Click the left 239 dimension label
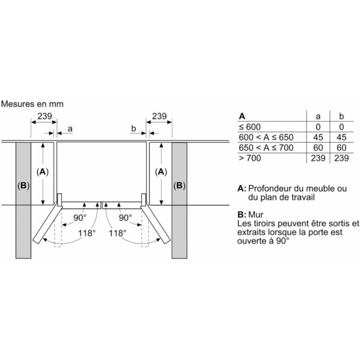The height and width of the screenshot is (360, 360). click(44, 116)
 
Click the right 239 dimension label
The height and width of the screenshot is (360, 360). click(159, 116)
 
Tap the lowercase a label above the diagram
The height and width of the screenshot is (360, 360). click(70, 129)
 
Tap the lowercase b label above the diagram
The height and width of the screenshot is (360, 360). click(134, 128)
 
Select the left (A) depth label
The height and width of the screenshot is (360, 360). click(43, 172)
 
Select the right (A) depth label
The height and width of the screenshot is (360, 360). click(161, 172)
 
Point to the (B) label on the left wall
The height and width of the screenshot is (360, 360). click(23, 185)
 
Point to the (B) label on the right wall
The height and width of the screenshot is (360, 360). click(179, 185)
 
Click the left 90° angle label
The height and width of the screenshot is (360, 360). click(80, 218)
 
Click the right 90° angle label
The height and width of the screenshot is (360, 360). click(125, 218)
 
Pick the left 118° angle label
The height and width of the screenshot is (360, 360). click(87, 233)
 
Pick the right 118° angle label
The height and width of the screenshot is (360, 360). click(118, 233)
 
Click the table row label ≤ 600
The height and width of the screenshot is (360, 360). click(250, 127)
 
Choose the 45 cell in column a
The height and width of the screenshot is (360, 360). click(318, 137)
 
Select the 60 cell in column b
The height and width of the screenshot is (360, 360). click(341, 148)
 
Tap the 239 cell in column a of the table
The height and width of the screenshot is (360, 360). click(318, 158)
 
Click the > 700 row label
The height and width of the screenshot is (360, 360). click(250, 158)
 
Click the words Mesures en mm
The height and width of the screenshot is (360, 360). click(32, 104)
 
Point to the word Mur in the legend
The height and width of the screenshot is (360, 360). click(256, 215)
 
